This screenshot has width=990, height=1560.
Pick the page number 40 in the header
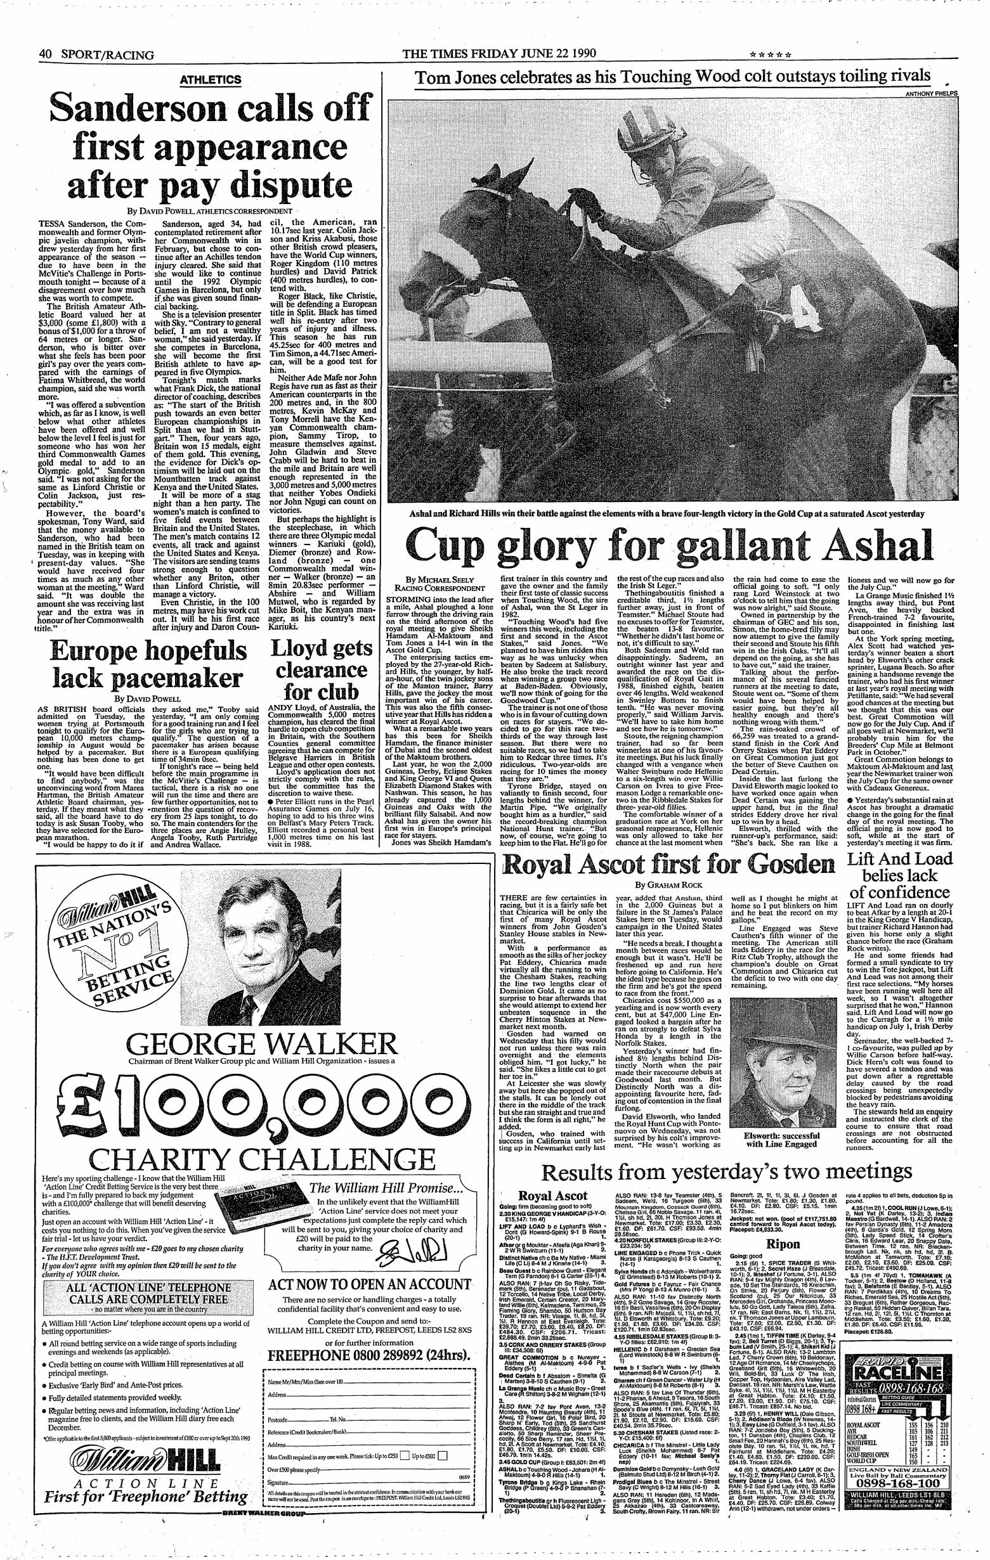point(45,55)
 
